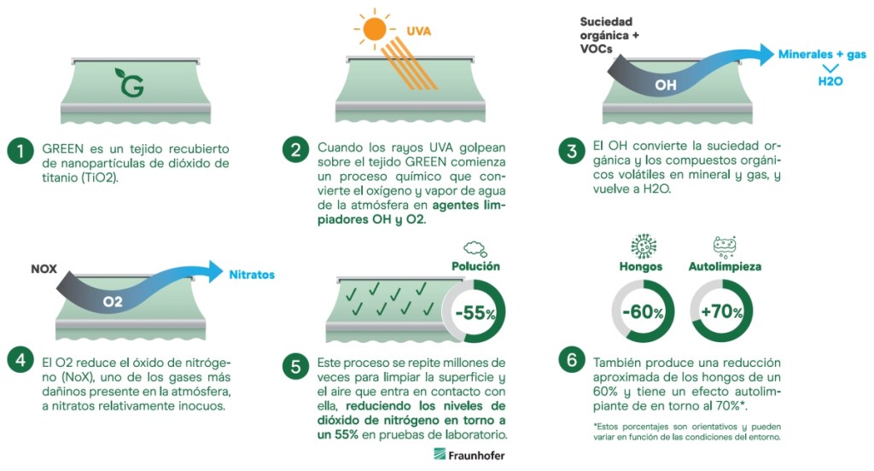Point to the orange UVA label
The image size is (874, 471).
click(x=419, y=32)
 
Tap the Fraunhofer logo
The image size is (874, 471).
click(x=469, y=455)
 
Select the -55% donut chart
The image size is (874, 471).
click(x=475, y=312)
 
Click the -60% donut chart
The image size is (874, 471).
click(x=643, y=312)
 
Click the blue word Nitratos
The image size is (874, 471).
click(x=252, y=275)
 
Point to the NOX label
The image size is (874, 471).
click(x=44, y=268)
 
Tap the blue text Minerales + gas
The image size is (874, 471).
click(x=822, y=55)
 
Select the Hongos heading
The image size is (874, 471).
click(x=641, y=266)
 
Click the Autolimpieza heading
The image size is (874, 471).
click(x=725, y=266)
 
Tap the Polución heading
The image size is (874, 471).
click(x=475, y=266)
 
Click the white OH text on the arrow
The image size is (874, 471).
click(x=666, y=85)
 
